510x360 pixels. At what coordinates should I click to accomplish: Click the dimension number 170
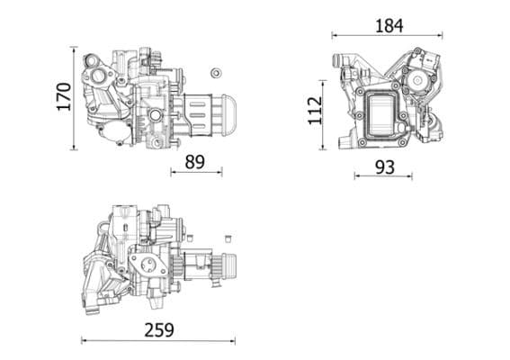coord(63,97)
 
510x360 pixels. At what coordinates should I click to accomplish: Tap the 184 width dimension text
coord(389,25)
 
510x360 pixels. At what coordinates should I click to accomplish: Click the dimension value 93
coord(383,166)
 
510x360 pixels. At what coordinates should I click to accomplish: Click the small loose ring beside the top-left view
coord(215,73)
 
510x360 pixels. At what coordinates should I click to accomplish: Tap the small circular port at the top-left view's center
coord(156,114)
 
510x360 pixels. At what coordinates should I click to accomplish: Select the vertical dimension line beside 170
coord(75,97)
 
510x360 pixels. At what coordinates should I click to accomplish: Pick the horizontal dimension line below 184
coord(389,36)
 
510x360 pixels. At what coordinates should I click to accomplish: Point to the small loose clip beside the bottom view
coord(228,238)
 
